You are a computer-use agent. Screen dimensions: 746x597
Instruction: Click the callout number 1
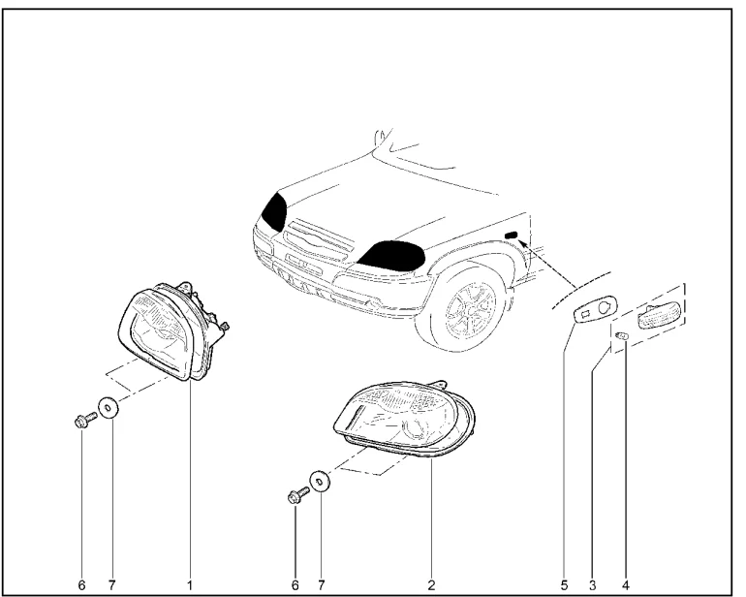tap(189, 585)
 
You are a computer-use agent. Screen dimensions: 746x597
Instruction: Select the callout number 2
tap(431, 585)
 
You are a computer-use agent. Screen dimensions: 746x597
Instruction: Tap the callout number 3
tap(592, 585)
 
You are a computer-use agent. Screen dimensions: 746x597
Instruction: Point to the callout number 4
tap(625, 585)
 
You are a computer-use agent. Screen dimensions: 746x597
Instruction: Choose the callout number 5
tap(564, 585)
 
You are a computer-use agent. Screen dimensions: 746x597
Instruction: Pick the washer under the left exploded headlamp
tap(108, 408)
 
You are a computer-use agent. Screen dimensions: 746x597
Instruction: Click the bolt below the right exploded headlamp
tap(298, 495)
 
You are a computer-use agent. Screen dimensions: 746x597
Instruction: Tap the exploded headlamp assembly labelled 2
tap(404, 419)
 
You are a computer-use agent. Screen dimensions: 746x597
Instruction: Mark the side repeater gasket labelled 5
tap(595, 309)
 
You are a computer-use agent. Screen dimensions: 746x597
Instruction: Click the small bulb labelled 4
tap(622, 336)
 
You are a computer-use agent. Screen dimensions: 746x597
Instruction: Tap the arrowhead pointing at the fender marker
tap(522, 244)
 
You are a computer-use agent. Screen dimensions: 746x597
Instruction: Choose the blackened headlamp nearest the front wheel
tap(391, 256)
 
